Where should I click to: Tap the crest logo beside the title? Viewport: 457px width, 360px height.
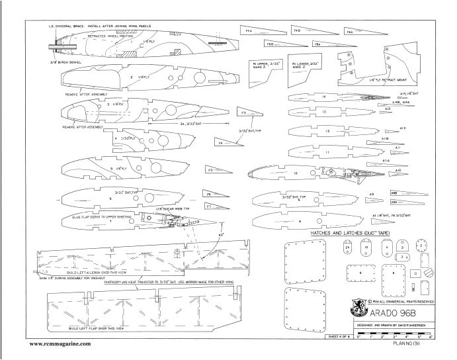(356, 308)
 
